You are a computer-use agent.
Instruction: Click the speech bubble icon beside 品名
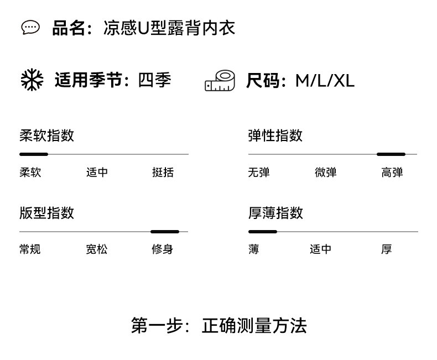[30, 28]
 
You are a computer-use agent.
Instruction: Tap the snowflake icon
[32, 81]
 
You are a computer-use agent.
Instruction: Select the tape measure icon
[220, 81]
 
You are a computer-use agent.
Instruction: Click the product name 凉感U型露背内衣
[169, 28]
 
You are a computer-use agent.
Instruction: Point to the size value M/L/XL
[325, 81]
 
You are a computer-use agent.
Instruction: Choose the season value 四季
[154, 81]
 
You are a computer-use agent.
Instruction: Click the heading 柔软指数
[46, 135]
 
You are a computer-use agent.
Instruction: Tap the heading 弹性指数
[275, 135]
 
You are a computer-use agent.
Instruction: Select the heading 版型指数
[46, 213]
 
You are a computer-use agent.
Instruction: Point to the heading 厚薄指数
[275, 213]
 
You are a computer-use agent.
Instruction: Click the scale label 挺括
[163, 173]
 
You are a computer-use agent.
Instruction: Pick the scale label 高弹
[392, 173]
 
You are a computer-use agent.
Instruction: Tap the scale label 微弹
[325, 173]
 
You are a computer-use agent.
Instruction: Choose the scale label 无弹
[258, 173]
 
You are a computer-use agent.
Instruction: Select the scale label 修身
[163, 249]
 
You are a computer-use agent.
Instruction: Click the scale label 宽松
[96, 249]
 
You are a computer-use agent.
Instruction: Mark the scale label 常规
[30, 249]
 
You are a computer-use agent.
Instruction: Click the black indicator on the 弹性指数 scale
[391, 154]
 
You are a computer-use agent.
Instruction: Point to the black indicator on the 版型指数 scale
[165, 232]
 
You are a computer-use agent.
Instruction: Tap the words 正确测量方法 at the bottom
[254, 325]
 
